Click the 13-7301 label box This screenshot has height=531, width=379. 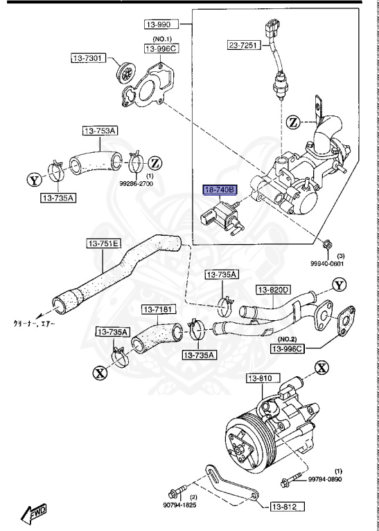[x=87, y=57]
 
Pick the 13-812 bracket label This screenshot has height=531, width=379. [x=284, y=507]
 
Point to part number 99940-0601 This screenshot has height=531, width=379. [x=326, y=263]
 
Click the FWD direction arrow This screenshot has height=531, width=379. [x=35, y=513]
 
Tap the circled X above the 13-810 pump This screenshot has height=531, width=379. [x=321, y=368]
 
